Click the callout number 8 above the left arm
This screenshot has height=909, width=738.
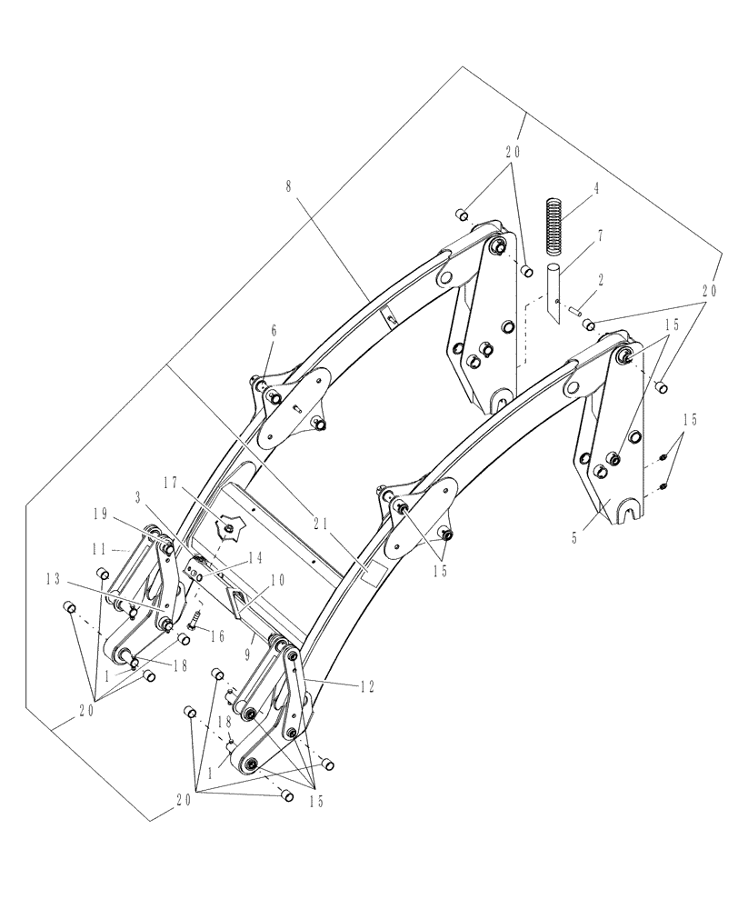pos(288,186)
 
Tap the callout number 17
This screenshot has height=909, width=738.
pos(170,481)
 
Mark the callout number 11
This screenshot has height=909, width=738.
pos(99,550)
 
